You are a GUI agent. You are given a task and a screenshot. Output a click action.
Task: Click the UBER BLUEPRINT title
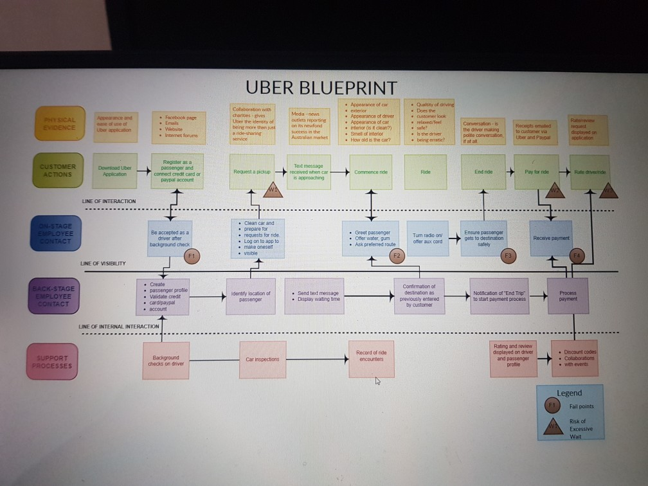click(x=321, y=87)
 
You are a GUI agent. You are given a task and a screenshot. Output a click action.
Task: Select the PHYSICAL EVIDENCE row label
click(x=60, y=123)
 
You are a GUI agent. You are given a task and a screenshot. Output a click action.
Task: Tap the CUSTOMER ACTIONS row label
click(x=59, y=170)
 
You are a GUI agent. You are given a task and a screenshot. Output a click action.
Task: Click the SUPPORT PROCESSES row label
click(x=53, y=361)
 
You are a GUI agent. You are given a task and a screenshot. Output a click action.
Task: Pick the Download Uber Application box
click(x=115, y=171)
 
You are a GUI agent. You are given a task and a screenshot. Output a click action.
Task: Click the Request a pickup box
click(x=252, y=172)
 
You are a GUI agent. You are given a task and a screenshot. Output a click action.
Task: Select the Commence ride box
click(x=372, y=172)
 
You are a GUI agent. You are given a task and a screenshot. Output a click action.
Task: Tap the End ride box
click(x=483, y=172)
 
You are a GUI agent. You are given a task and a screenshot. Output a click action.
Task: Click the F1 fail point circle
click(x=190, y=256)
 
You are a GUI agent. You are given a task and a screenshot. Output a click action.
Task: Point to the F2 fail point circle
click(x=397, y=256)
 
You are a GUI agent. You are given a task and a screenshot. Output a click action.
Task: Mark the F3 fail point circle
click(x=509, y=256)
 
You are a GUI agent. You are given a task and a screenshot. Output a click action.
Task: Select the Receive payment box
click(x=551, y=238)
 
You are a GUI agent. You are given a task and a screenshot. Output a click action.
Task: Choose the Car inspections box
click(x=262, y=359)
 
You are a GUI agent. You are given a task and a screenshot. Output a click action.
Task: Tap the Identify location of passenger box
click(x=251, y=296)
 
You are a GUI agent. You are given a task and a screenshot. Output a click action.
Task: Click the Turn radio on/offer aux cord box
click(x=428, y=238)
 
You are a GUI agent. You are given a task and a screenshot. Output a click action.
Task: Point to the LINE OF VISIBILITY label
click(x=103, y=264)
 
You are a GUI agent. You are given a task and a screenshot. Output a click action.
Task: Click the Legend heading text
click(x=569, y=393)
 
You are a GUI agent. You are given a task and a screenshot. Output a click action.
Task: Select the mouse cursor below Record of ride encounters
click(x=378, y=381)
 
